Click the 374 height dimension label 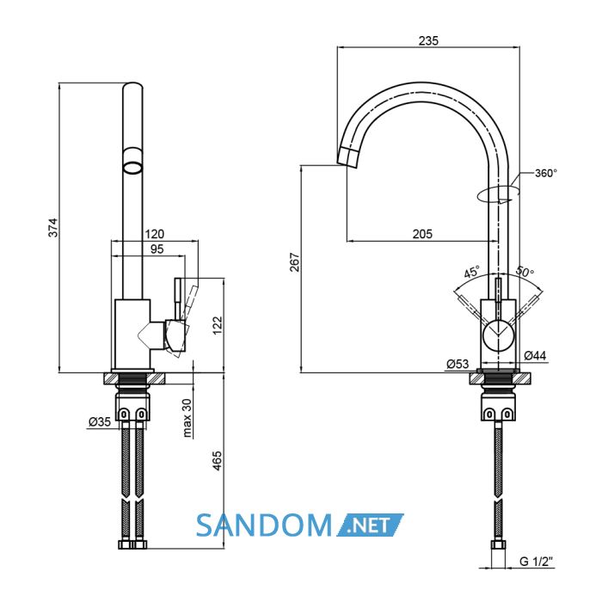click(53, 227)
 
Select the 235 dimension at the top click(428, 40)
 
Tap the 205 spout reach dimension click(422, 234)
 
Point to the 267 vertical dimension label click(295, 262)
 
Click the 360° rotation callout click(545, 173)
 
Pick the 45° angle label click(472, 272)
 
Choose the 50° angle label click(525, 272)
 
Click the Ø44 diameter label click(535, 355)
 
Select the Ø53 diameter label click(458, 364)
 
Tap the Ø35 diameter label click(100, 422)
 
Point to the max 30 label click(187, 418)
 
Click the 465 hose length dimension click(218, 461)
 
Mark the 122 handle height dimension click(218, 326)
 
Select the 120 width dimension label click(154, 234)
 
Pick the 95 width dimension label click(157, 249)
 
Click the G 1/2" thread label click(537, 562)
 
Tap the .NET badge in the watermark click(370, 525)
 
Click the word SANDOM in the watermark click(263, 525)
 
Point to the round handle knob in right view click(498, 335)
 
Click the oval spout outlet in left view click(132, 168)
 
